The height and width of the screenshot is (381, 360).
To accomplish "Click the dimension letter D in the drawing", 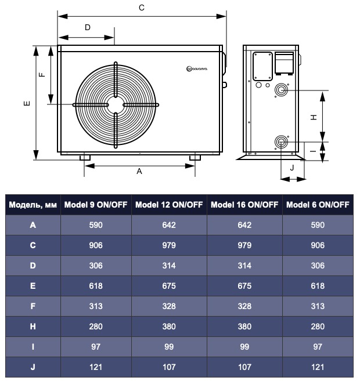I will (88, 27).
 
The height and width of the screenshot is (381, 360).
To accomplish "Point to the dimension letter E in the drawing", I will (26, 103).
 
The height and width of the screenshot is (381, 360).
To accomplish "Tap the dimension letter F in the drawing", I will (41, 75).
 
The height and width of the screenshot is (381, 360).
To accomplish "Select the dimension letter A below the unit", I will (139, 171).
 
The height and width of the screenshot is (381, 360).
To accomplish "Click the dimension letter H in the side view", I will (314, 116).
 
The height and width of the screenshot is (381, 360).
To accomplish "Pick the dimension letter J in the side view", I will (292, 167).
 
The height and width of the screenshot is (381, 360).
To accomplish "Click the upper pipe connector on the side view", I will (282, 90).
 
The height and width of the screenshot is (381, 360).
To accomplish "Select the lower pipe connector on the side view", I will (282, 141).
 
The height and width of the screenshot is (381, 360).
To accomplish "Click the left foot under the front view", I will (85, 157).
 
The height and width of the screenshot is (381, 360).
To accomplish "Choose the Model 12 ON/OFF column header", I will (169, 205).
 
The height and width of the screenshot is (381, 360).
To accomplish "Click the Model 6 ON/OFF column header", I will (318, 205).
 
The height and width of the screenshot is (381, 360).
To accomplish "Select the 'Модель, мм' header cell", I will (33, 205).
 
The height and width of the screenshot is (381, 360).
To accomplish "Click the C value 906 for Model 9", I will (96, 245).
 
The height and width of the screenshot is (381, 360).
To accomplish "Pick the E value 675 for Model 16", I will (244, 285).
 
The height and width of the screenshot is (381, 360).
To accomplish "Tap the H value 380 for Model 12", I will (169, 326).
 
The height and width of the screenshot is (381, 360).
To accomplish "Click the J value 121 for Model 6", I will (318, 367).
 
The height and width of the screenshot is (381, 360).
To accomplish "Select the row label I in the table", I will (33, 347).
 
